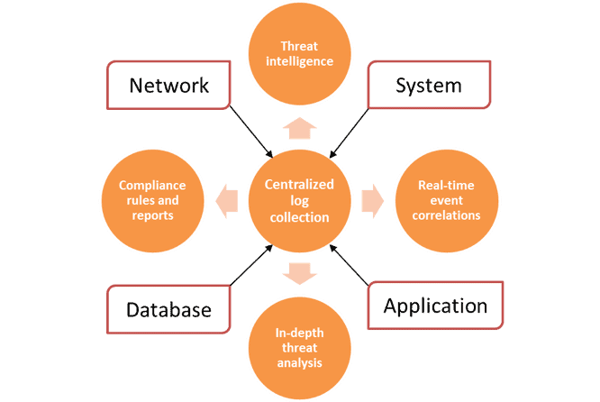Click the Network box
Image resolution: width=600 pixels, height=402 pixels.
pos(168,86)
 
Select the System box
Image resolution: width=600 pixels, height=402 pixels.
pos(429,86)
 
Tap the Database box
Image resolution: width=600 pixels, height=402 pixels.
pos(168,310)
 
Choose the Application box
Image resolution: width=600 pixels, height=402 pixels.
pos(435,306)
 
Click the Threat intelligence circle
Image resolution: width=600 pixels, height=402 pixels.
pos(300,54)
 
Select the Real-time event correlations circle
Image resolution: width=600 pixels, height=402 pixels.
pos(449,201)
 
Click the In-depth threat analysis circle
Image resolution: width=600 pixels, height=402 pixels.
pos(300,348)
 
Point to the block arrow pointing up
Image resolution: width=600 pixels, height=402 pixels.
pos(300,127)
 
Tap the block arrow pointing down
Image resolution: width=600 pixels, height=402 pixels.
pos(300,271)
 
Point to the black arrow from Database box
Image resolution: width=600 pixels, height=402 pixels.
pos(251,266)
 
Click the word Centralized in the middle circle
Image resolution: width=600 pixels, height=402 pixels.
pos(299,185)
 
